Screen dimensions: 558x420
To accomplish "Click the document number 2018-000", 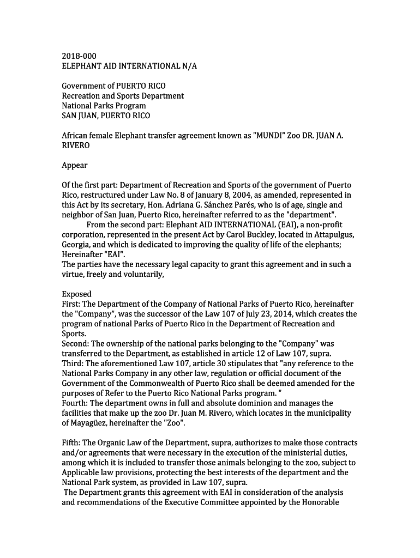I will (79, 56).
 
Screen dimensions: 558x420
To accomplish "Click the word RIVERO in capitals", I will (76, 145).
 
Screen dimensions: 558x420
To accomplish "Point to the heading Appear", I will (75, 165).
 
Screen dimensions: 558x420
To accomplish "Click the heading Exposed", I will (77, 294).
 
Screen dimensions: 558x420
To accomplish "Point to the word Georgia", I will (76, 244).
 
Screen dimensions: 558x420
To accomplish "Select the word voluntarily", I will (139, 274).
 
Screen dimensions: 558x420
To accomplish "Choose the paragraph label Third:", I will (73, 363).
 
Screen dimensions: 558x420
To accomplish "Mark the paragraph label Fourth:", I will (75, 403).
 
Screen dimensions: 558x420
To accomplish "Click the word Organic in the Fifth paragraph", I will (116, 442).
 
